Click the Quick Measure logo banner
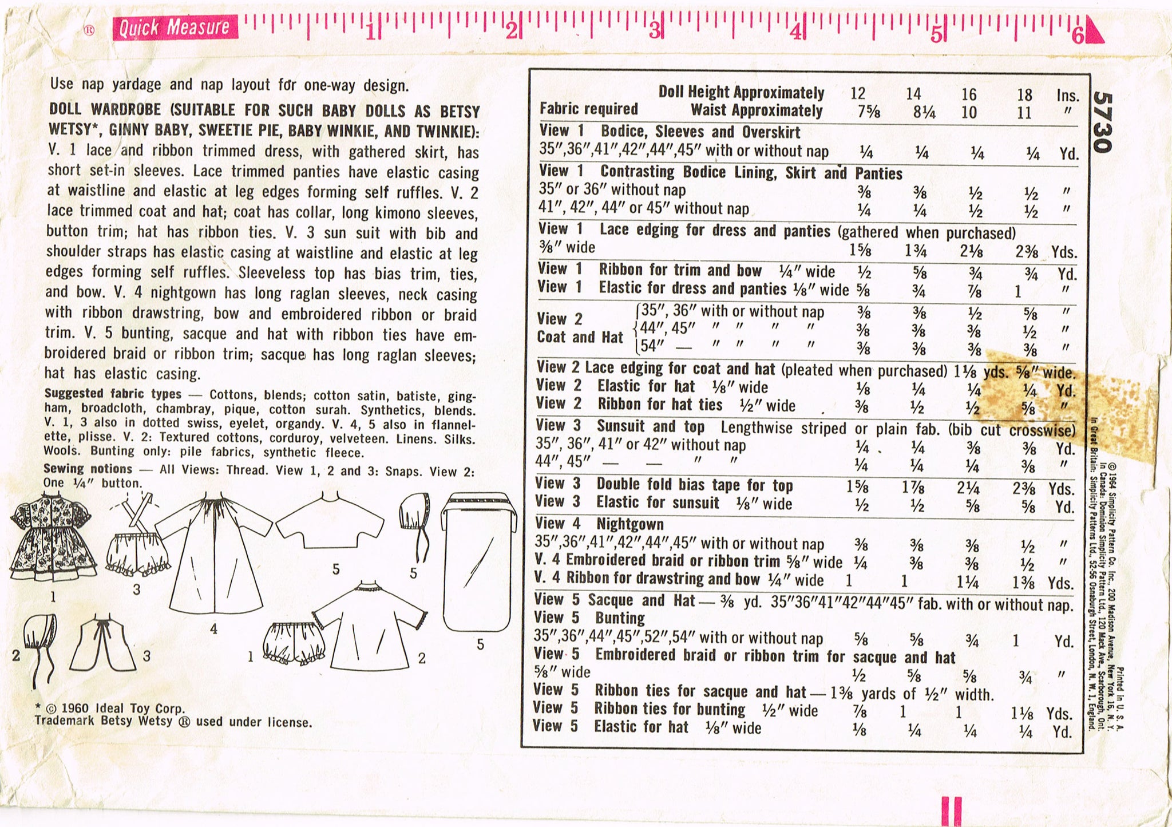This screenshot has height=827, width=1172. click(175, 27)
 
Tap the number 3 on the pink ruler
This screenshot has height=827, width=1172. click(654, 30)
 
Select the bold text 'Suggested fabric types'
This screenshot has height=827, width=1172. click(113, 394)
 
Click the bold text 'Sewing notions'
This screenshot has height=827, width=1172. click(88, 469)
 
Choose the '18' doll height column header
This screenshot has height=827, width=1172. click(1024, 94)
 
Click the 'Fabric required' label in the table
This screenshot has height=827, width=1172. click(588, 109)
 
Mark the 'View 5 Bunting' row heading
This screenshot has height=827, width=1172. click(589, 618)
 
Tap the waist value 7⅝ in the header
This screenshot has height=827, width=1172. click(869, 112)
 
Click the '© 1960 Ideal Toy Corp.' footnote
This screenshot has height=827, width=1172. click(109, 709)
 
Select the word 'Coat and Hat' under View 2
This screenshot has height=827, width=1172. click(579, 337)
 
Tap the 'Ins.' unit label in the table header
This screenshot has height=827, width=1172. click(1067, 96)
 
